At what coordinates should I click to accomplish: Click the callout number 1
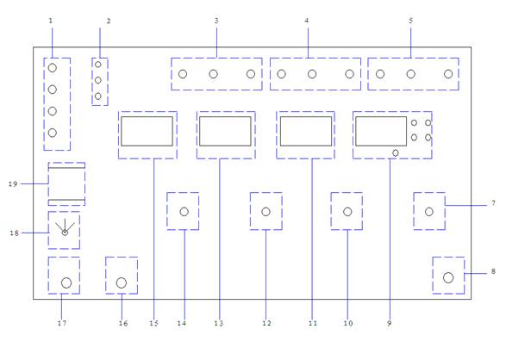50,21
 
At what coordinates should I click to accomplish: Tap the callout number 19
13,184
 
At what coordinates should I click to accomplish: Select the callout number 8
493,271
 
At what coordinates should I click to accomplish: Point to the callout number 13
218,323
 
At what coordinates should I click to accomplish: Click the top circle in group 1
53,68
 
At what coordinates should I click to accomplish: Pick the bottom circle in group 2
98,96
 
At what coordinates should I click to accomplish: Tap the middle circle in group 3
213,74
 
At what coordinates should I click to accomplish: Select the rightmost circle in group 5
448,74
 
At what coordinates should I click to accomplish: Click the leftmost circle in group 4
281,74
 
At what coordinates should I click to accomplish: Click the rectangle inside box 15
147,131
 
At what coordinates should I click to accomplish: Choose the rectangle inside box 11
306,131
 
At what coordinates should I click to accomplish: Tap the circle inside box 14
184,212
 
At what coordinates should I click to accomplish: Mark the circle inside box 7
429,212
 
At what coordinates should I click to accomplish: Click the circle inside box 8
448,277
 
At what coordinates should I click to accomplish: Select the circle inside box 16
122,283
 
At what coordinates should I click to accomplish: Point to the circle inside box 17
66,283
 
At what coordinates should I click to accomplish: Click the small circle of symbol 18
65,233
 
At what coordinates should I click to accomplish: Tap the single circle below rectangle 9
396,153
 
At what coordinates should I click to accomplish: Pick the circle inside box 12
265,212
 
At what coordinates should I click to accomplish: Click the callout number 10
348,323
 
